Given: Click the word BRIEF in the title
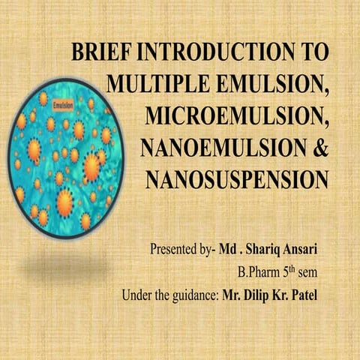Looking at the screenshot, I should point(95,53).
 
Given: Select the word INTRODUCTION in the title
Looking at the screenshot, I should point(211,53).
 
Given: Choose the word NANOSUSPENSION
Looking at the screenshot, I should point(237,180).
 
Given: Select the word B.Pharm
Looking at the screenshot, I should point(258,272).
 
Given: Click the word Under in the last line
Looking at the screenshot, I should point(136,295).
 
